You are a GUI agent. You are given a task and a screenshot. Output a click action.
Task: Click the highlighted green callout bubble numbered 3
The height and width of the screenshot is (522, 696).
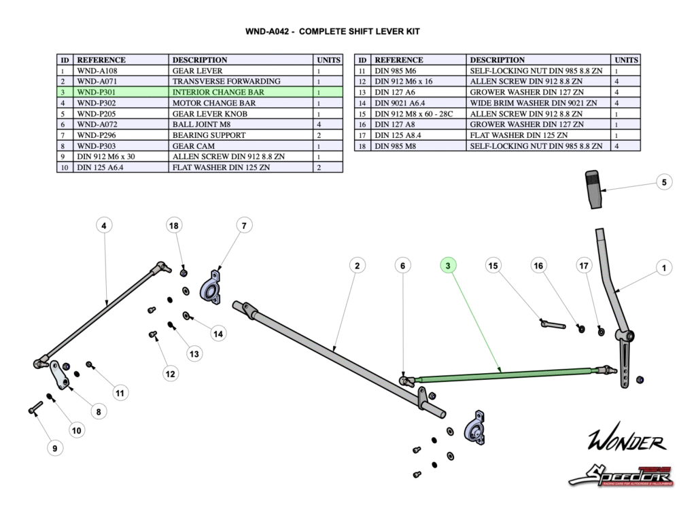click(448, 266)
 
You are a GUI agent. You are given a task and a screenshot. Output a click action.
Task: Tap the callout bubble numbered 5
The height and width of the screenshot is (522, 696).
click(663, 181)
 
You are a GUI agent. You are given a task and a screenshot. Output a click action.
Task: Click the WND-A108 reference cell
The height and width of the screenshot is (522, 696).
click(122, 71)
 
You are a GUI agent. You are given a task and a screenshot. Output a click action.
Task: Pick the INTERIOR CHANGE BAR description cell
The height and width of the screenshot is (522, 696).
click(241, 92)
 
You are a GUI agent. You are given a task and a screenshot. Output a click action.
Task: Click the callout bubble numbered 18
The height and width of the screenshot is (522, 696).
click(175, 225)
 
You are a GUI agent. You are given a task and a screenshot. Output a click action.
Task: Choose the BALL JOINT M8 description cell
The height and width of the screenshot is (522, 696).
click(241, 124)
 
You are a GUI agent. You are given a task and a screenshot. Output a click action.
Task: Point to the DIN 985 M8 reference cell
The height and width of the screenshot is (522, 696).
click(420, 146)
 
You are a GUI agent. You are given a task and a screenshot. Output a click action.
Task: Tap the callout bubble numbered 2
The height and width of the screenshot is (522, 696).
click(356, 266)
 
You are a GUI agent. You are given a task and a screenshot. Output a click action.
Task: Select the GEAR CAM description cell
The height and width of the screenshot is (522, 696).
click(241, 146)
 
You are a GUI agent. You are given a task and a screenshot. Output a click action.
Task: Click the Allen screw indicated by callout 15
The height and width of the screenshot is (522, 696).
click(553, 324)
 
